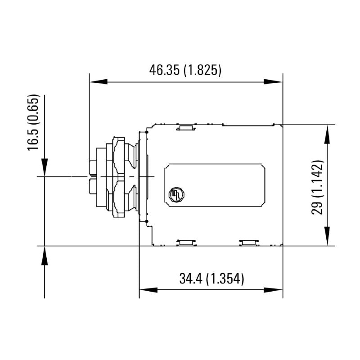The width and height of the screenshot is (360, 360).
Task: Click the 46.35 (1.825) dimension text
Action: tap(185, 70)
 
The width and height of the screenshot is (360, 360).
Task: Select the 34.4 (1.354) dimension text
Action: tap(211, 279)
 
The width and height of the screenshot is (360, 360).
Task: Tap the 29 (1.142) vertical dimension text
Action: tap(319, 186)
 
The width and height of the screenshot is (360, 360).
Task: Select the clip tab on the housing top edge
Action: tap(185, 127)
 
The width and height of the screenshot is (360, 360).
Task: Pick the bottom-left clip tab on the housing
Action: tap(185, 243)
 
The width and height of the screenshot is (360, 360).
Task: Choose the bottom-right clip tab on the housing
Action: tap(249, 243)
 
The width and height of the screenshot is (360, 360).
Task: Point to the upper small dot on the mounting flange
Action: tap(148, 133)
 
